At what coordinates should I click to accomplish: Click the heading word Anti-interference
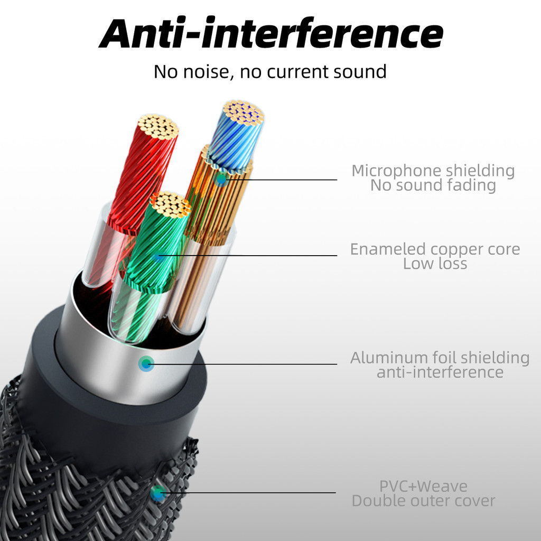click(271, 33)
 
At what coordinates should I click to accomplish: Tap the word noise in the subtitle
click(206, 72)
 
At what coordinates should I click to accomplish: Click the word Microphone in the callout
click(396, 171)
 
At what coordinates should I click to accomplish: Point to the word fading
click(471, 185)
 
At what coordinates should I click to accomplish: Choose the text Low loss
click(435, 264)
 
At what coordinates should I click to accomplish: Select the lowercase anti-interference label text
click(440, 372)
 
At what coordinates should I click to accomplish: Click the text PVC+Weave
click(423, 487)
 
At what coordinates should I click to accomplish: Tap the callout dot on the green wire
click(157, 256)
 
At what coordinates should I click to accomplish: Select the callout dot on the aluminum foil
click(146, 363)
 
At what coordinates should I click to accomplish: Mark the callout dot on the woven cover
click(157, 493)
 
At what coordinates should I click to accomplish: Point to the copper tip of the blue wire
click(244, 112)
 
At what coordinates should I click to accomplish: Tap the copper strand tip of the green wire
click(170, 204)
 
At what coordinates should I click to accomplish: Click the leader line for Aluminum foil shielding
click(241, 363)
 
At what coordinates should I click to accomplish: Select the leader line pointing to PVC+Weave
click(247, 493)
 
